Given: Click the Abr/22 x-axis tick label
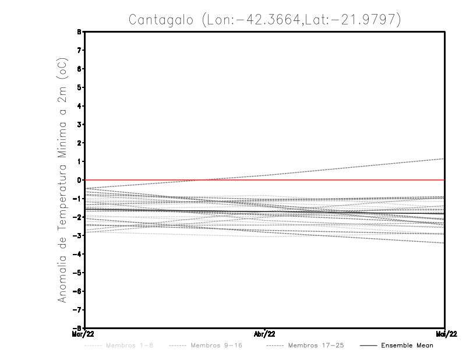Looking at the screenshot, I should (265, 334).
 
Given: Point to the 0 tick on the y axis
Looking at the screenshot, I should (78, 180).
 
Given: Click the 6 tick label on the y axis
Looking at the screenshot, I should (78, 69).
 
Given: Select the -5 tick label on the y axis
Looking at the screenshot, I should (76, 273).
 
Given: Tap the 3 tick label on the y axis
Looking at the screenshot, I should (78, 125).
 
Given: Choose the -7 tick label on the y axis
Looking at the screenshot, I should (76, 310).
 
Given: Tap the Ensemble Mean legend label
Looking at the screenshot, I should (407, 345).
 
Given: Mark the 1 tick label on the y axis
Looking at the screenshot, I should (78, 161).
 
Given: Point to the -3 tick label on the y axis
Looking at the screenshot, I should (76, 236).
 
